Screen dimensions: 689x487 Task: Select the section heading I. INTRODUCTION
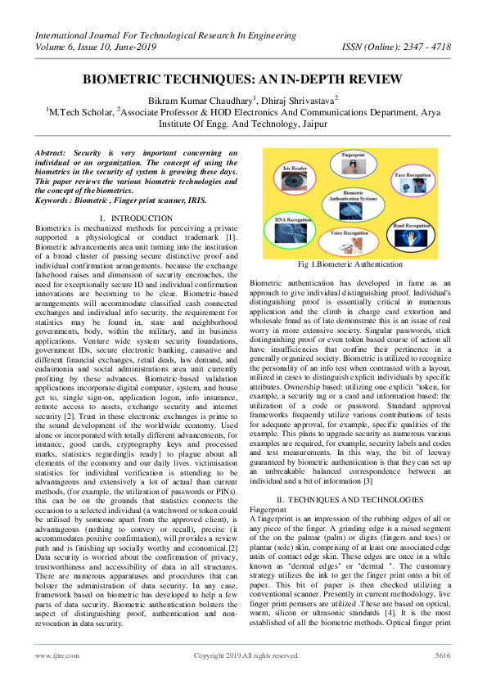[142, 218]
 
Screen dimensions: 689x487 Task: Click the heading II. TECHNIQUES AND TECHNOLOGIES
[349, 498]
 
